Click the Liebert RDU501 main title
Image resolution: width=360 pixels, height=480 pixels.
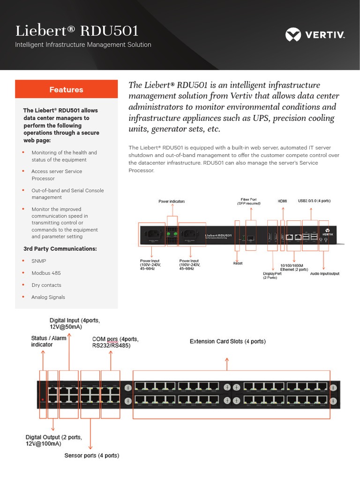pos(77,31)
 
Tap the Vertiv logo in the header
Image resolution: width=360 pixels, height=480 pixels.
pos(315,35)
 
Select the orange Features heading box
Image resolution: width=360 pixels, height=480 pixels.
pos(66,90)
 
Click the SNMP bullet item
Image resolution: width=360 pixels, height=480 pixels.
pos(39,261)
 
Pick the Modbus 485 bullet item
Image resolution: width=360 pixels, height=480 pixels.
pos(46,273)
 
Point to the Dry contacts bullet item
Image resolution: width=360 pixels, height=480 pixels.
pos(46,285)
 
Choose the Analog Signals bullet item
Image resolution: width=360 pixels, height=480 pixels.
pos(48,297)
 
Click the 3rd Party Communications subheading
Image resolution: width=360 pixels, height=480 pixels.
pos(60,248)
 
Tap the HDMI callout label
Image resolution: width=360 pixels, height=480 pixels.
pos(282,201)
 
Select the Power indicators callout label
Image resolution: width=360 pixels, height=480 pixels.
pos(172,201)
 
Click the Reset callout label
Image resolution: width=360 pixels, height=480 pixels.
pos(238,263)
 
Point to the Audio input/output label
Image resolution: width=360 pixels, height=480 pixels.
pos(325,273)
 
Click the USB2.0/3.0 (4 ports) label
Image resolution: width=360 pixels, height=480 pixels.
pos(314,201)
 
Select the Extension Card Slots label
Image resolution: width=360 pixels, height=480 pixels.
pos(227,342)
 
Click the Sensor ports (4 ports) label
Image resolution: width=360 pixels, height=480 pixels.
pos(91,455)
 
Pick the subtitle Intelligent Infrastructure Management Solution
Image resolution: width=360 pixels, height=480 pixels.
pos(83,45)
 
